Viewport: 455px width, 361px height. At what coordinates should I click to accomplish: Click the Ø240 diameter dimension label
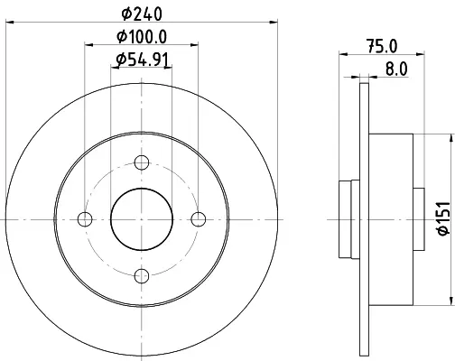click(142, 14)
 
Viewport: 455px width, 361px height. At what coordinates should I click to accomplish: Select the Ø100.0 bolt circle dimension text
click(142, 37)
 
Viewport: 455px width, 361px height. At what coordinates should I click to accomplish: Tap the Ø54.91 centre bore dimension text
click(142, 60)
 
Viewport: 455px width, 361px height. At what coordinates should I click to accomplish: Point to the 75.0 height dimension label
click(382, 46)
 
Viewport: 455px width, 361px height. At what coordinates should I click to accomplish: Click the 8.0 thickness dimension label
click(396, 69)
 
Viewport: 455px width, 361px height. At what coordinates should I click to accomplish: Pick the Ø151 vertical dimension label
click(443, 218)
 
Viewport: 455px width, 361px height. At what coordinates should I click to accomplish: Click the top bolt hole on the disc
click(142, 162)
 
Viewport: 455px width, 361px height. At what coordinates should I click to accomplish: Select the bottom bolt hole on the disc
click(142, 276)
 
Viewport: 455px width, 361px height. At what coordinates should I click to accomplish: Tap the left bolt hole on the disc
click(85, 219)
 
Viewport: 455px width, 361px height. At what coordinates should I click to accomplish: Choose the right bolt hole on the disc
click(199, 219)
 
